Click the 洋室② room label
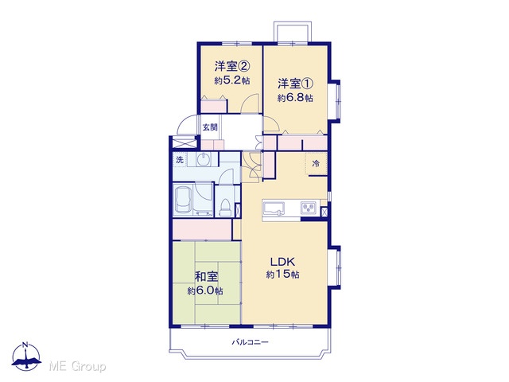coord(231,67)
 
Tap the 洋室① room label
coord(295,84)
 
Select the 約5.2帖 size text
coord(231,80)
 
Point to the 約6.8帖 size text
coord(295,97)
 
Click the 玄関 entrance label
coord(210,127)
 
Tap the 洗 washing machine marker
coord(180,159)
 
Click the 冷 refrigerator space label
coord(316,163)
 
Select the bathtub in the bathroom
coord(183,200)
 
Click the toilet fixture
coord(224,207)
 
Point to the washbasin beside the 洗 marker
coord(204,159)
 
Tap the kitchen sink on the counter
coord(274,209)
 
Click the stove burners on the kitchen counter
coord(309,208)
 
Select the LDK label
coord(282,262)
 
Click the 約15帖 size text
coord(282,275)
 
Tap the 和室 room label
coord(206,277)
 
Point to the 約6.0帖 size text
coord(205,290)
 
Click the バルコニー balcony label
coord(250,342)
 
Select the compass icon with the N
coord(26,357)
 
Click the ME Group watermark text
coord(78,366)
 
